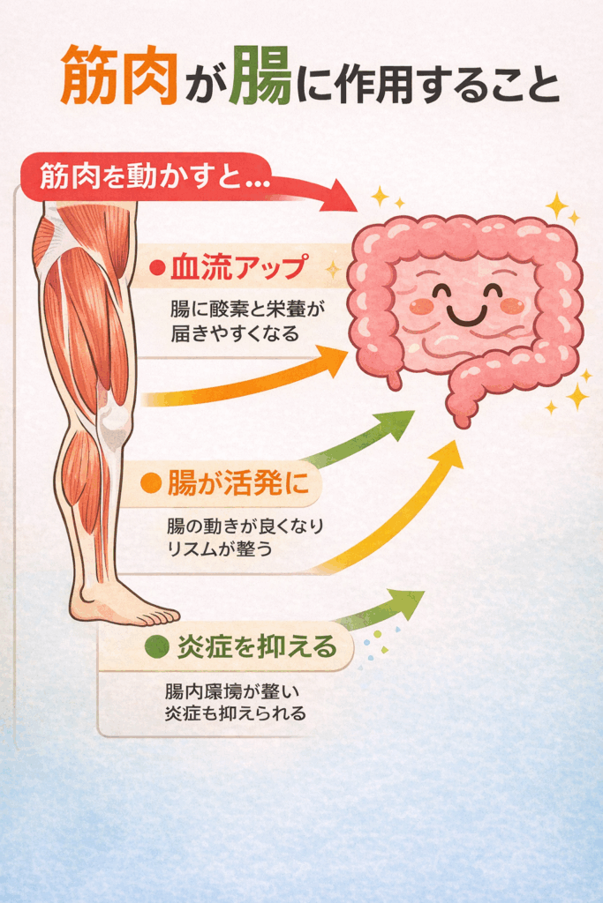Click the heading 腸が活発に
(x=231, y=483)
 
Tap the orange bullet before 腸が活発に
(x=151, y=483)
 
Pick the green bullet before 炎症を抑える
(x=156, y=647)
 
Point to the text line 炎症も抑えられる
(x=235, y=713)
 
